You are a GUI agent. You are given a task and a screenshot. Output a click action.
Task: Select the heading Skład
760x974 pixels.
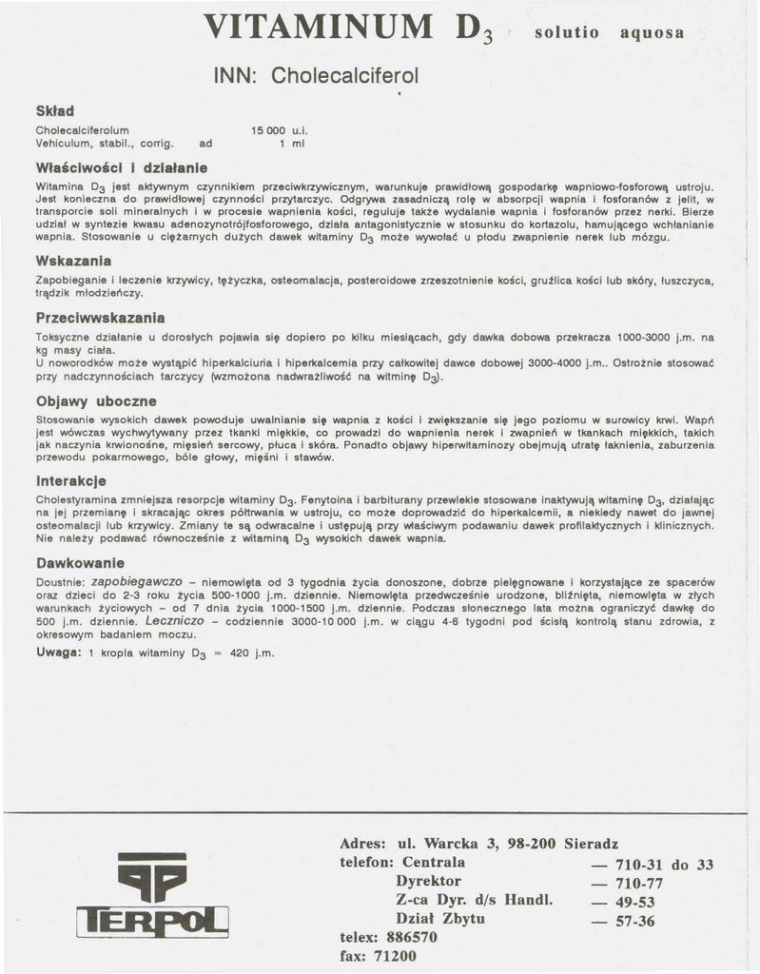click(55, 110)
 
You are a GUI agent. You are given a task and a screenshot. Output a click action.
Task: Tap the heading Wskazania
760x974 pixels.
click(73, 260)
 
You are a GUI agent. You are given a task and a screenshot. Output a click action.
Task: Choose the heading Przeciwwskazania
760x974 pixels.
click(101, 317)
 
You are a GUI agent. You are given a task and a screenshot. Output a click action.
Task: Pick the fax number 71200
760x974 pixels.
click(394, 956)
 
